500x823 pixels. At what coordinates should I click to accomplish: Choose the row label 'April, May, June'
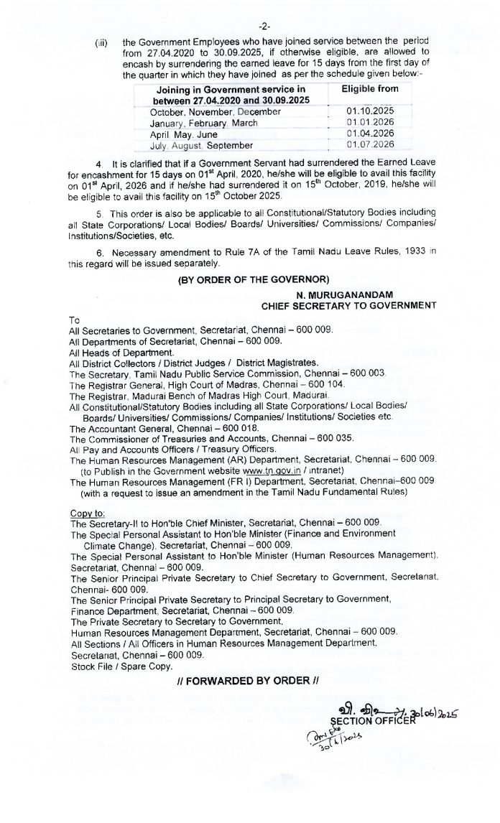[182, 134]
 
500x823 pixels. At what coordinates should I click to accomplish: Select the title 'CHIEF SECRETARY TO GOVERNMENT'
[348, 305]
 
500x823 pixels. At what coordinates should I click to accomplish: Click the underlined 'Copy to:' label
[87, 514]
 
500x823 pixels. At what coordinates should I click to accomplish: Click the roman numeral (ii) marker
[101, 43]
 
